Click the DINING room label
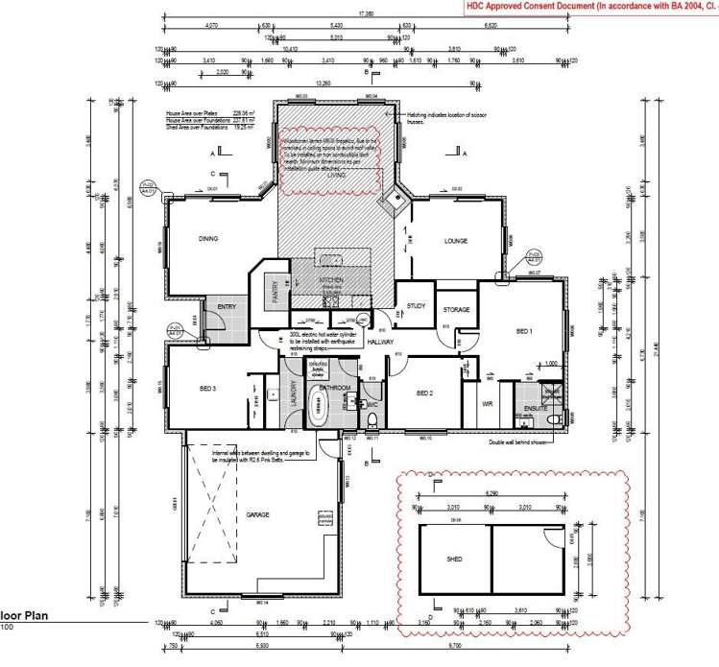[208, 239]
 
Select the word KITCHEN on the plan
[331, 280]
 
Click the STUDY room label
[416, 306]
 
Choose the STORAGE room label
[456, 310]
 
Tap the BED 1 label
[524, 331]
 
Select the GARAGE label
[256, 515]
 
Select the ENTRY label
[227, 306]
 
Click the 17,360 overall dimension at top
[366, 14]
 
